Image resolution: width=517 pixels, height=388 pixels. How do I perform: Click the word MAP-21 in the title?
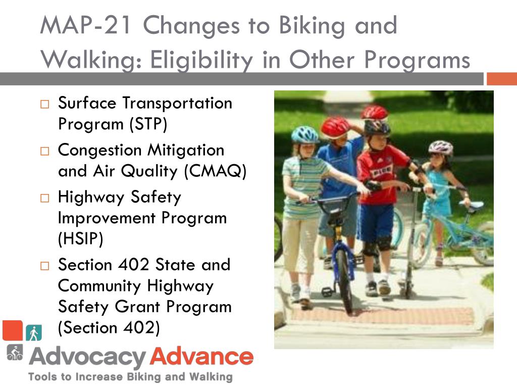pyautogui.click(x=86, y=25)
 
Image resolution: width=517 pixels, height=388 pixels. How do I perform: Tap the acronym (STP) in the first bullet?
pyautogui.click(x=148, y=124)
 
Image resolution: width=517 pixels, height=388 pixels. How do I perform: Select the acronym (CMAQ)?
pyautogui.click(x=215, y=171)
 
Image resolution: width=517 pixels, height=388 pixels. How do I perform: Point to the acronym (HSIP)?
pyautogui.click(x=80, y=238)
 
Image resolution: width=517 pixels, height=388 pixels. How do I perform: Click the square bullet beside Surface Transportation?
pyautogui.click(x=44, y=104)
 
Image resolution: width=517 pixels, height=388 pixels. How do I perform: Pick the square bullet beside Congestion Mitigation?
pyautogui.click(x=44, y=151)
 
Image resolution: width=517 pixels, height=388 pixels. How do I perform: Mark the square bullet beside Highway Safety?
pyautogui.click(x=44, y=198)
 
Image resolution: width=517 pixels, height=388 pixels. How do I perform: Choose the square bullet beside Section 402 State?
pyautogui.click(x=44, y=266)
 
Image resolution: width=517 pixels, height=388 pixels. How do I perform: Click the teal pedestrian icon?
pyautogui.click(x=34, y=332)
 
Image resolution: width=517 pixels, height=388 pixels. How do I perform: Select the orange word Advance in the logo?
pyautogui.click(x=202, y=357)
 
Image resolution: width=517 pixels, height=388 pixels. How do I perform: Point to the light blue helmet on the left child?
pyautogui.click(x=304, y=134)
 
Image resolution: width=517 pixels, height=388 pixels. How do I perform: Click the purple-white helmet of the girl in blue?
pyautogui.click(x=441, y=148)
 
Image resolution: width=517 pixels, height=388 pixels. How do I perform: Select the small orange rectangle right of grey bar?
pyautogui.click(x=502, y=79)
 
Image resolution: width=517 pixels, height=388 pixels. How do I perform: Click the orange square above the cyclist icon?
pyautogui.click(x=13, y=330)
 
